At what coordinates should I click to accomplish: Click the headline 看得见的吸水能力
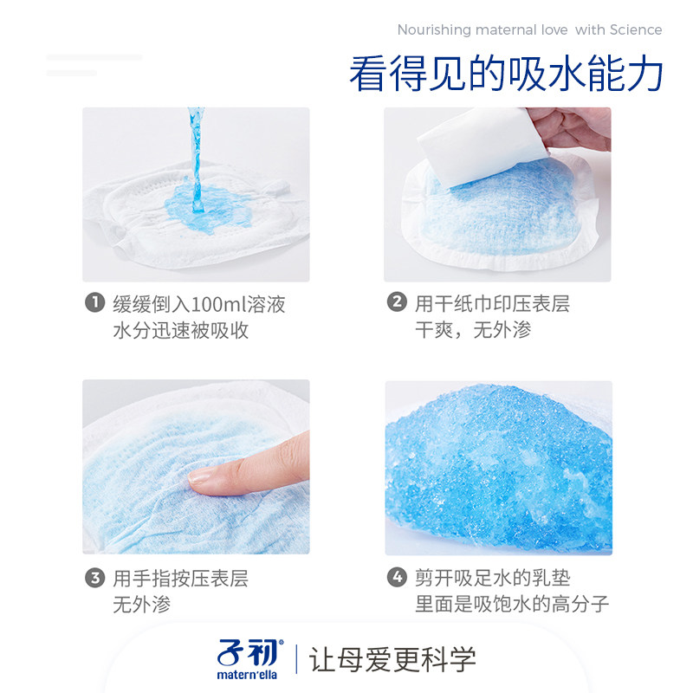(x=506, y=74)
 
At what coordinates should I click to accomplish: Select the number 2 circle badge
(x=396, y=303)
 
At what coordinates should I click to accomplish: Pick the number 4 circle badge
(x=396, y=578)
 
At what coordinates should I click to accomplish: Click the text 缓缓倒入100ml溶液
(x=199, y=304)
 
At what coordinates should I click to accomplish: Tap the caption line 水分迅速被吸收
(x=180, y=330)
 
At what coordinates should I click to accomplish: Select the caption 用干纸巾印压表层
(x=492, y=304)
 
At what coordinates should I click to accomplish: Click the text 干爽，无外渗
(x=473, y=330)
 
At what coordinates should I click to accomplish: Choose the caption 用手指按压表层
(x=180, y=578)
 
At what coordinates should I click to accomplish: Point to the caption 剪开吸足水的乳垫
(x=492, y=578)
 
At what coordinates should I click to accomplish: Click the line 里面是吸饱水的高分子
(x=512, y=604)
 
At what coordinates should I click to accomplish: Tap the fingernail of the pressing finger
(x=201, y=476)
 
